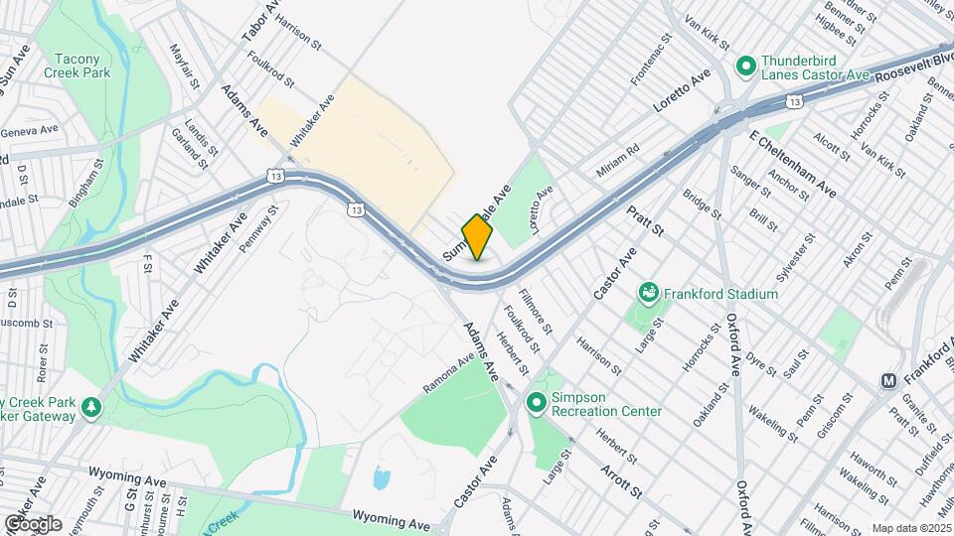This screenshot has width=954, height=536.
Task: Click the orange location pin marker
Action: click(x=478, y=236)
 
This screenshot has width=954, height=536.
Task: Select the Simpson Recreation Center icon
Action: click(x=537, y=402)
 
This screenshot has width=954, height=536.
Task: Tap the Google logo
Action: click(x=32, y=523)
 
